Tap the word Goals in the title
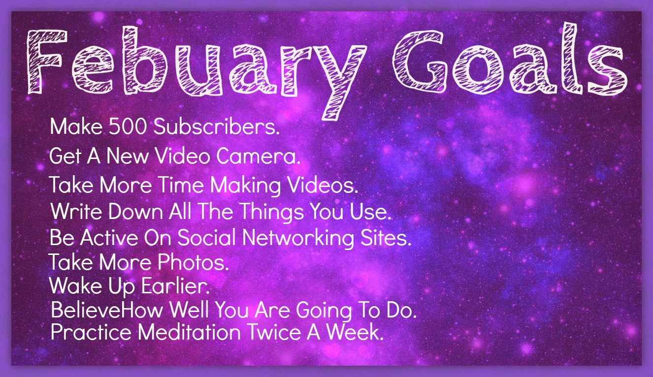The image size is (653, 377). click(x=510, y=58)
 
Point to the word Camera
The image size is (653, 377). click(x=258, y=156)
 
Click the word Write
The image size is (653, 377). click(x=76, y=211)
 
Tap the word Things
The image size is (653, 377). click(x=272, y=212)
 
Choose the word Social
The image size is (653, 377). click(x=207, y=237)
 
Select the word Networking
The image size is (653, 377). click(x=298, y=238)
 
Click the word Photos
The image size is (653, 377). click(x=193, y=262)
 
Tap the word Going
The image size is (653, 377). click(x=324, y=311)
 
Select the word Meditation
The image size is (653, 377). click(x=189, y=332)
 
